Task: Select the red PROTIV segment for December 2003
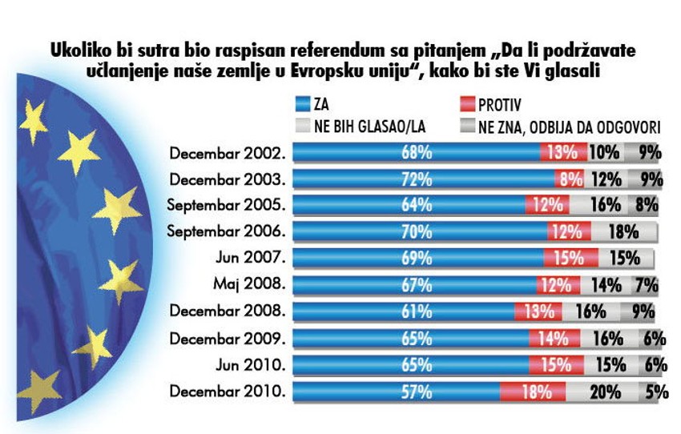click(x=570, y=178)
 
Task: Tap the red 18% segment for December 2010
click(x=533, y=392)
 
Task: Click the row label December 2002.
click(x=229, y=151)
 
